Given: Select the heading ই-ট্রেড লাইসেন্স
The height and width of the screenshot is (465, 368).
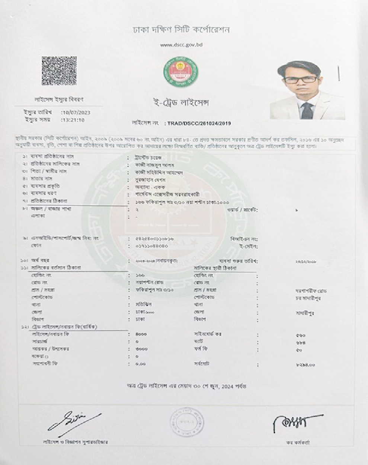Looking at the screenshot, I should point(181,103).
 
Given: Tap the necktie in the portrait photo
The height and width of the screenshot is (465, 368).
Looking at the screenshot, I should point(307,111).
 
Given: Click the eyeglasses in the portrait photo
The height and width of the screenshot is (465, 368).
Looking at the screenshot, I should point(301,79).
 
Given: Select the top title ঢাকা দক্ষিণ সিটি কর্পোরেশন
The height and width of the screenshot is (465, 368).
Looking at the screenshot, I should point(181,30).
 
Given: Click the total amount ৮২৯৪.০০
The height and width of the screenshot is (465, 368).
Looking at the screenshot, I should point(306,365).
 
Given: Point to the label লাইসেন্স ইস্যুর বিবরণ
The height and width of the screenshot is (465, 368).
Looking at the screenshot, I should point(59,100).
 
